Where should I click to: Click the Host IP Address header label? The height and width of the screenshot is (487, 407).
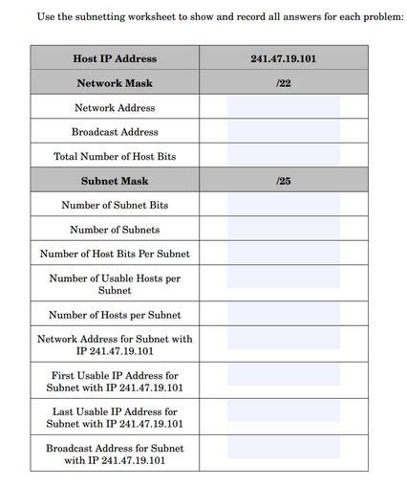[115, 58]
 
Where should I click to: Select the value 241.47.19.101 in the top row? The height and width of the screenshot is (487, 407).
[283, 58]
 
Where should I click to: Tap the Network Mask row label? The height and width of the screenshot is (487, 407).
[115, 83]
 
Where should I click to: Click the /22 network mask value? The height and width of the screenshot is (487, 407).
[283, 83]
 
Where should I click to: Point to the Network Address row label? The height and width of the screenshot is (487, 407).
[115, 108]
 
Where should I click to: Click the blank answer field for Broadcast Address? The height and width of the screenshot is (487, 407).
[283, 132]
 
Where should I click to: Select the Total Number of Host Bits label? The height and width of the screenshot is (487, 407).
[115, 156]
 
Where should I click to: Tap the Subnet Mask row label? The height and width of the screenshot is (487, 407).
[115, 181]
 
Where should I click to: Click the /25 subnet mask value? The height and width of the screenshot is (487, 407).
[283, 181]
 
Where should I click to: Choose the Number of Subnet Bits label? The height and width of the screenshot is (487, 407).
[115, 205]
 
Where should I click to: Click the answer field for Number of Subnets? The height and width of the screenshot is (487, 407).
[283, 230]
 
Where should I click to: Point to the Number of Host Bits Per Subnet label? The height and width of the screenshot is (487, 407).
[115, 254]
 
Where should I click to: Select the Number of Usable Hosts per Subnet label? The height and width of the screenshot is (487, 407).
[115, 284]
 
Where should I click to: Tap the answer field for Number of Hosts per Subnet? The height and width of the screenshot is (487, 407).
[283, 315]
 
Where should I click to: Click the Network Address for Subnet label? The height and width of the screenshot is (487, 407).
[115, 344]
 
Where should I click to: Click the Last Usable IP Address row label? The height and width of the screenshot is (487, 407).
[115, 417]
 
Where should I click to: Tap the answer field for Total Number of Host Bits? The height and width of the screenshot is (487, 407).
[283, 156]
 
